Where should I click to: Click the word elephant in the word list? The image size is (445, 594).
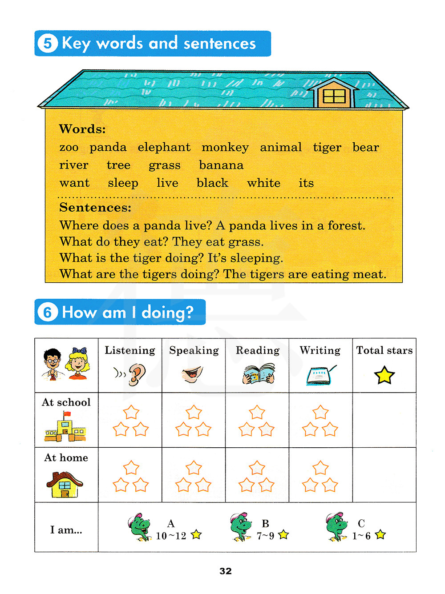tap(164, 148)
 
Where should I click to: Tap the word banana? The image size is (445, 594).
tap(221, 165)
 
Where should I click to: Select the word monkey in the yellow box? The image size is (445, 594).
tap(225, 148)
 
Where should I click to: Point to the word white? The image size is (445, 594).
tap(264, 183)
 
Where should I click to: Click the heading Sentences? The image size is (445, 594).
tap(95, 208)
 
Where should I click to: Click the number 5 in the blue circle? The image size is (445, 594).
tap(48, 44)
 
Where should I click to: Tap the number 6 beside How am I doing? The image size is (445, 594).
tap(48, 312)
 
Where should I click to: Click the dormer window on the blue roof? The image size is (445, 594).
tap(334, 96)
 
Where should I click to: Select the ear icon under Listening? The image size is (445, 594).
tap(137, 374)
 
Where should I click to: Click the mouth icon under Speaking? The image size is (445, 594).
tap(193, 374)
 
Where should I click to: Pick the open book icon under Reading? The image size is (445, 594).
tap(259, 374)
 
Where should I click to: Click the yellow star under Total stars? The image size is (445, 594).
tap(384, 376)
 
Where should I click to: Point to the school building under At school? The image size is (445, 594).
tap(65, 427)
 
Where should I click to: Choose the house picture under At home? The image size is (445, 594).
tap(65, 485)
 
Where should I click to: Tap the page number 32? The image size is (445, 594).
tap(226, 571)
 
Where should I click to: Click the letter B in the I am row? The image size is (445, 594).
tap(265, 524)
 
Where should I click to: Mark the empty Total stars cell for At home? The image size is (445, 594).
tap(384, 475)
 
